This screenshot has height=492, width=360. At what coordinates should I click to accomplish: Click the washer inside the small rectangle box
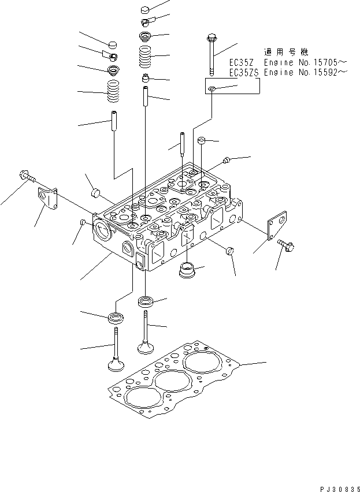tap(213, 88)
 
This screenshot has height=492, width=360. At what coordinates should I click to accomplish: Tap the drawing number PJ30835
tap(335, 487)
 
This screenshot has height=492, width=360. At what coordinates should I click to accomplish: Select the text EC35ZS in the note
tap(244, 72)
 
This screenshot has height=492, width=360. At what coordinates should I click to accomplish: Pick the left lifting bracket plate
tap(49, 200)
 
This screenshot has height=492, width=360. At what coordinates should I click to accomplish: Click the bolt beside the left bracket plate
tap(27, 176)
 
